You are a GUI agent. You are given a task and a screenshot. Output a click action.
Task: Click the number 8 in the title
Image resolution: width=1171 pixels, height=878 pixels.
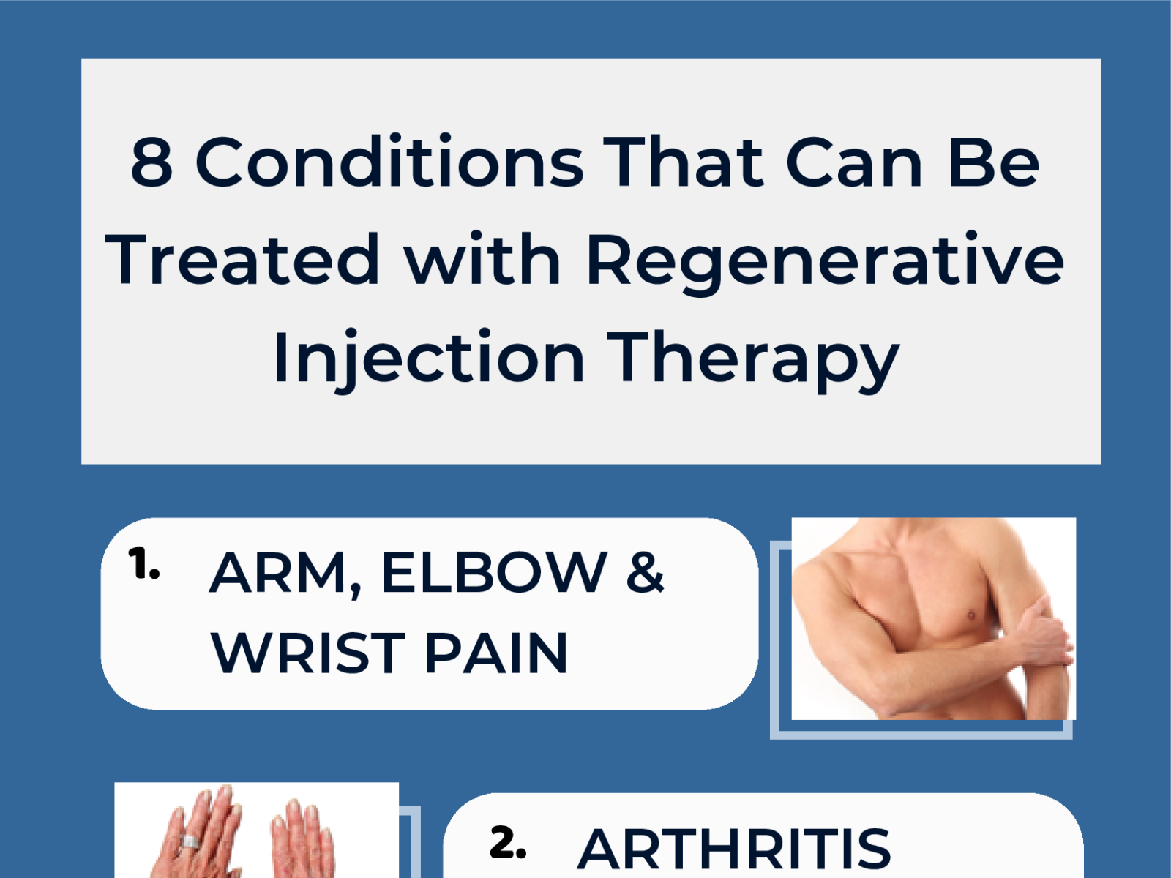[151, 162]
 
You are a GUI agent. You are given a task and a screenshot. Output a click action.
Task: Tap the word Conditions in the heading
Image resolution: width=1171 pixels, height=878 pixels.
[389, 162]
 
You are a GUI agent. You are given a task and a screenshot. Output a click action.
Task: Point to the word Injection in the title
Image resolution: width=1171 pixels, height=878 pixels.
[428, 359]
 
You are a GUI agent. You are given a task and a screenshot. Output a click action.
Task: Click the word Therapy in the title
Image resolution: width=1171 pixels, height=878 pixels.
[753, 359]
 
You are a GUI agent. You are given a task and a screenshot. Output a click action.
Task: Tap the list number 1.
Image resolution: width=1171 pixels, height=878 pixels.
[143, 565]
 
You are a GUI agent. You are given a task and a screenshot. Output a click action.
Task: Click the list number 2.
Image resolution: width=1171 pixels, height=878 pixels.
[508, 843]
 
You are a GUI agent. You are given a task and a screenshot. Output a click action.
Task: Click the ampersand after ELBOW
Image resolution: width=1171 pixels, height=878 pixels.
[645, 573]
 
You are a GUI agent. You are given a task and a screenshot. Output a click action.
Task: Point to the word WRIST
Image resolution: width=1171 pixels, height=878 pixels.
[307, 653]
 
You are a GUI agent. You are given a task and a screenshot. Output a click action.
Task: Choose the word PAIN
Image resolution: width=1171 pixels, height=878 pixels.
[495, 653]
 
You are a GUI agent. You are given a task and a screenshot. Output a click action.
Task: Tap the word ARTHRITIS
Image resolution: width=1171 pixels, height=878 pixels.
[734, 849]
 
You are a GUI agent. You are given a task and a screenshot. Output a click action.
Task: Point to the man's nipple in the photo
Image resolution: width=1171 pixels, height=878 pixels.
[971, 615]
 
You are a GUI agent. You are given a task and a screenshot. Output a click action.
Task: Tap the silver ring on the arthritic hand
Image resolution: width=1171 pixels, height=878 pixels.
[189, 841]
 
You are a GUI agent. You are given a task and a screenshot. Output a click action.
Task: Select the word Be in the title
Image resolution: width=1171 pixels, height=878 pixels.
[993, 162]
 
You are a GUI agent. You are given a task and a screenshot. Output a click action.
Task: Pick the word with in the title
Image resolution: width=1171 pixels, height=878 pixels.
[482, 260]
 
